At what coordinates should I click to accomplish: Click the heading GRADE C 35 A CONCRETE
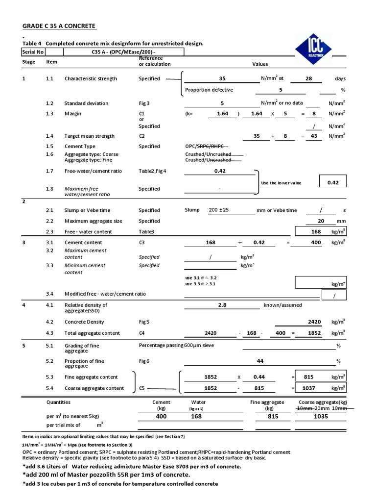click(x=59, y=25)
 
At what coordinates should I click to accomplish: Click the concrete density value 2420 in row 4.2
click(x=314, y=322)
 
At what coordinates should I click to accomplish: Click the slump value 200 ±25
click(x=218, y=210)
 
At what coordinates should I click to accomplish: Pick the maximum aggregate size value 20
click(x=321, y=221)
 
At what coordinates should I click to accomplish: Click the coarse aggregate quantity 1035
click(x=321, y=416)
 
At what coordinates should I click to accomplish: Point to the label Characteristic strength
click(x=91, y=78)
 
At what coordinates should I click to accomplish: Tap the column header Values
click(x=260, y=64)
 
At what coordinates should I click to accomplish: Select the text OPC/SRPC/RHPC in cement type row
click(x=206, y=146)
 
